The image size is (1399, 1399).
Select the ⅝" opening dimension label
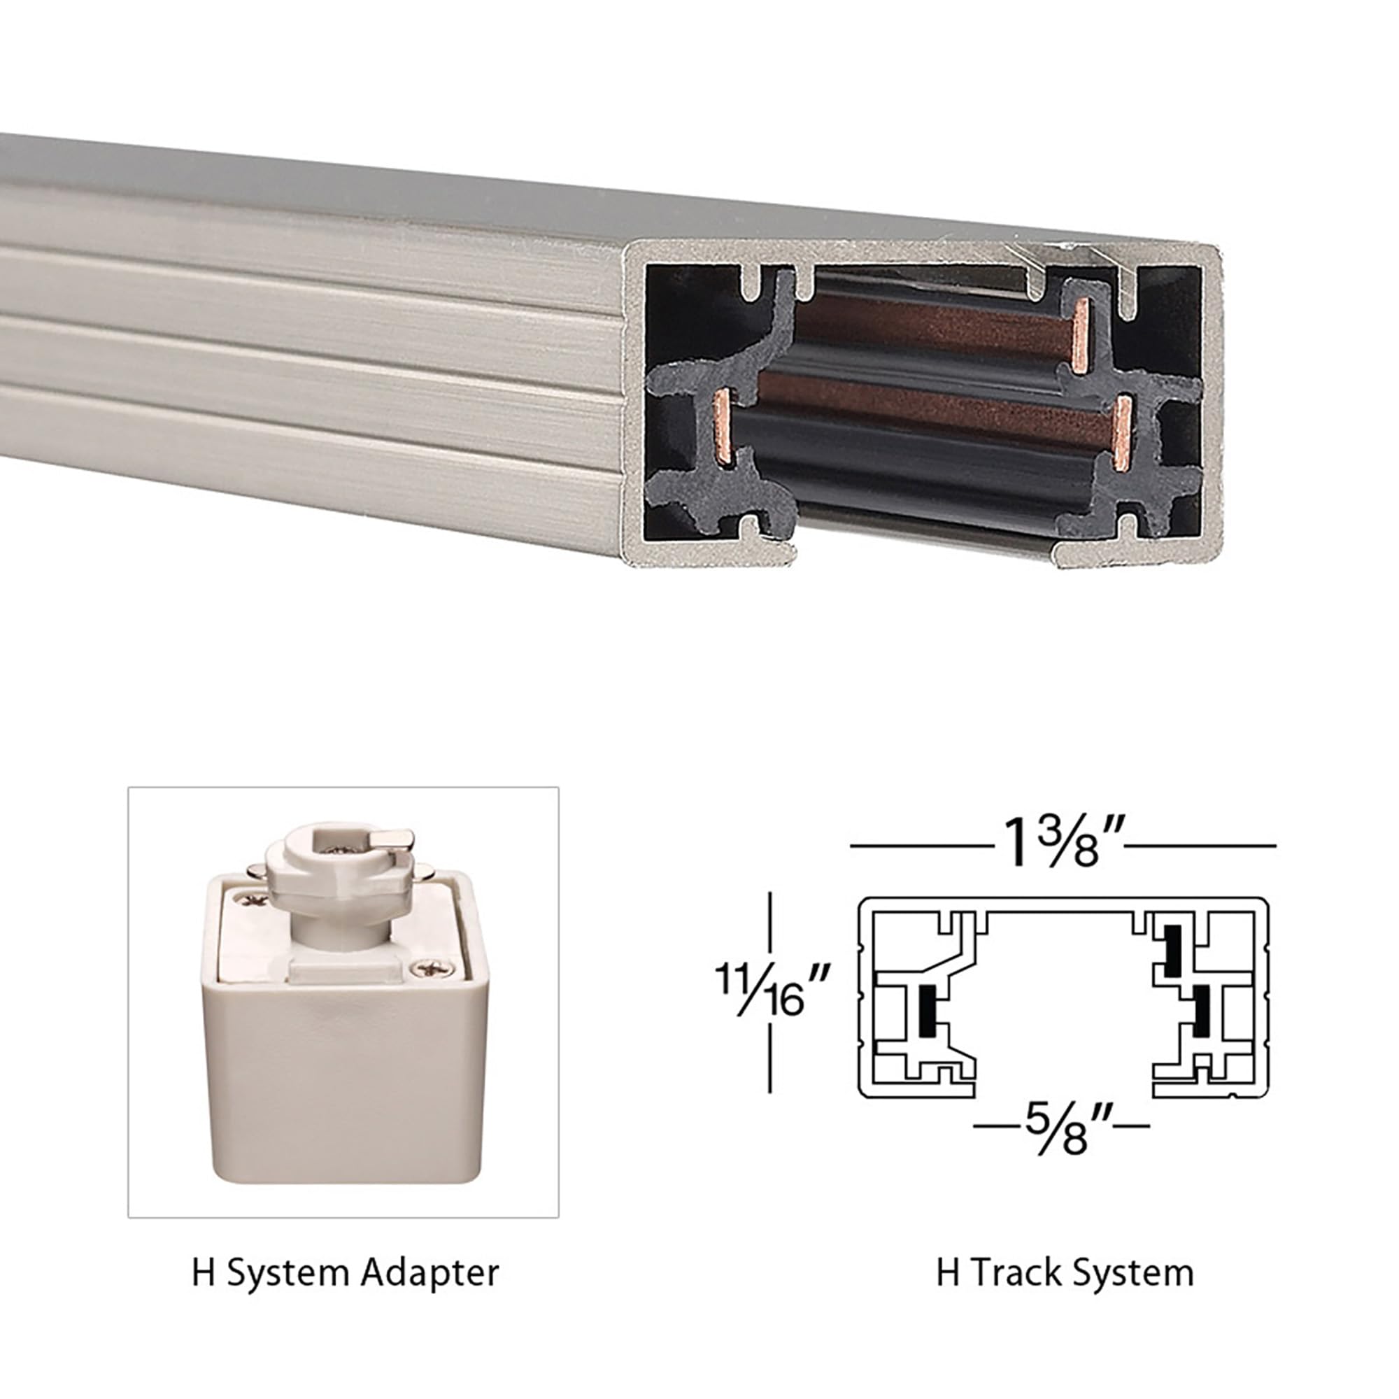point(1062,1128)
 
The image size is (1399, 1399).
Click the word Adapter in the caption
point(430,1272)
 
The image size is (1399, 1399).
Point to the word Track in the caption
point(1016,1272)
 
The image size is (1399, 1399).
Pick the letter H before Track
point(947,1272)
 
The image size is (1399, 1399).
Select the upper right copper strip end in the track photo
point(1081,336)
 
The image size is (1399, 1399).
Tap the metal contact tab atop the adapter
point(392,839)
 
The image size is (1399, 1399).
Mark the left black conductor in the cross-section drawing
point(925,1011)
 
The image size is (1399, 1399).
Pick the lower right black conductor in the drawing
point(1201,1009)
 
